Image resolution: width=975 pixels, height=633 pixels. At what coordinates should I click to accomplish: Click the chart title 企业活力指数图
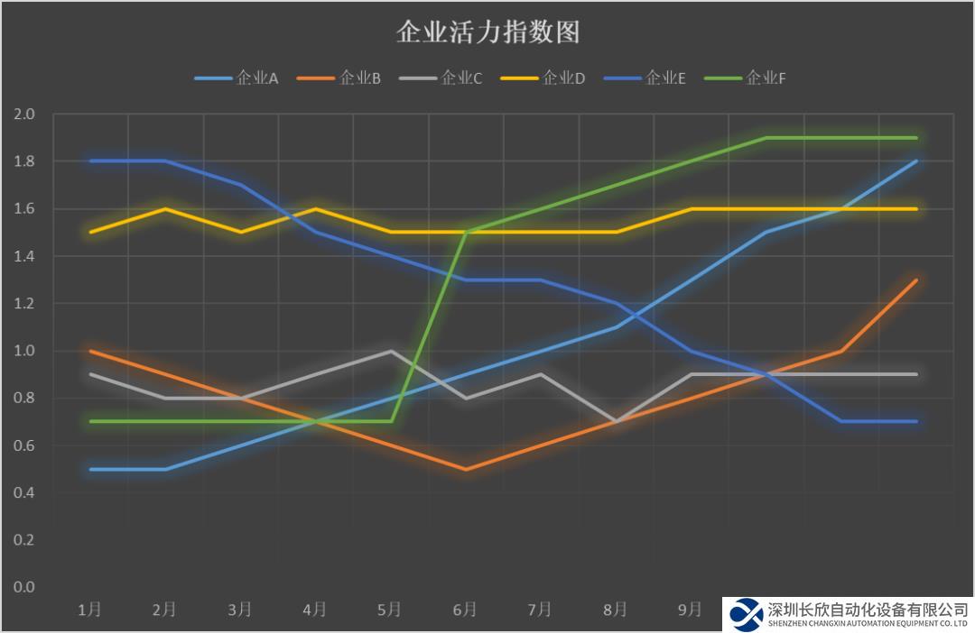coord(487,33)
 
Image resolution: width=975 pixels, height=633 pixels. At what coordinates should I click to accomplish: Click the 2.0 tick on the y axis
coord(24,115)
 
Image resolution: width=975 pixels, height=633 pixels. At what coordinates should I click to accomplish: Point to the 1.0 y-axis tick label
coord(24,351)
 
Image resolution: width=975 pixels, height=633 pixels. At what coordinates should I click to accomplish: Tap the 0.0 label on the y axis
coord(24,587)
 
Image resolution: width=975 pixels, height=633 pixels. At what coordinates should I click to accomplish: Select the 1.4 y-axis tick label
coord(24,256)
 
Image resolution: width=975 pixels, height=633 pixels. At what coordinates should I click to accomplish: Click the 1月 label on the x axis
coord(89,610)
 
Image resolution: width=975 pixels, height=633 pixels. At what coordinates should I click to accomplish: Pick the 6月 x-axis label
coord(465,610)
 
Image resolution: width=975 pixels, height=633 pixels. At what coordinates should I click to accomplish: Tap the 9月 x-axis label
coord(690,610)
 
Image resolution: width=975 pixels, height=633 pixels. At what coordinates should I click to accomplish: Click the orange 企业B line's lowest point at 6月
coord(465,469)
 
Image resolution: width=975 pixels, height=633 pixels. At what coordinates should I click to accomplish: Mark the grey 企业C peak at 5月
coord(390,351)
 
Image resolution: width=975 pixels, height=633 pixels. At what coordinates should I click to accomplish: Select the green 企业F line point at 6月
coord(465,233)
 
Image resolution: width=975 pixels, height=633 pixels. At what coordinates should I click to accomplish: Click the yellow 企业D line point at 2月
coord(165,209)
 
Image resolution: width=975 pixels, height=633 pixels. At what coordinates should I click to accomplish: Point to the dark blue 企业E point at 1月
coord(89,161)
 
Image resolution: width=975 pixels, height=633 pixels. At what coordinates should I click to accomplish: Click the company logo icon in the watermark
coord(747,614)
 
